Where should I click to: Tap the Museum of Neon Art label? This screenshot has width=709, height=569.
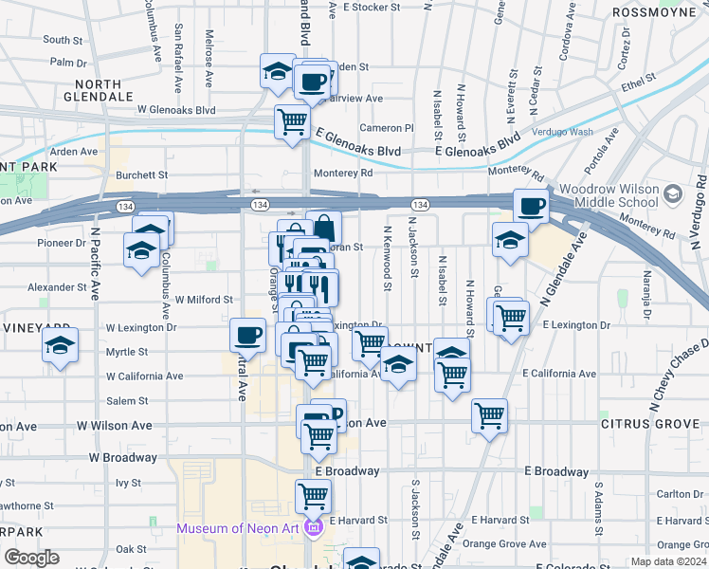click(x=242, y=527)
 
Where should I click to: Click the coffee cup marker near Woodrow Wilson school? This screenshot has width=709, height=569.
click(x=531, y=205)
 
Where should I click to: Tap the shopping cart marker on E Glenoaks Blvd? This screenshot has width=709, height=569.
click(x=292, y=121)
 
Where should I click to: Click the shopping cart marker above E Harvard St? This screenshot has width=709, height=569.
click(x=312, y=495)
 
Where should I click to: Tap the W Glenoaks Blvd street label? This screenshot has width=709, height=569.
click(x=176, y=110)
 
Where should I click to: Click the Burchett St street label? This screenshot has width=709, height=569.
click(x=141, y=175)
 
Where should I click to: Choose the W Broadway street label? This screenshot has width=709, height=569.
click(x=123, y=457)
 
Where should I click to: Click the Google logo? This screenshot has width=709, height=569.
click(x=31, y=558)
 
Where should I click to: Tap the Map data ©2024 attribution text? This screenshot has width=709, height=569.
click(x=667, y=561)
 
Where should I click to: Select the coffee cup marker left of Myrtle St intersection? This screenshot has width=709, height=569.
click(x=247, y=333)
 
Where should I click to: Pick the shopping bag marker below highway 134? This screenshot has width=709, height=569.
click(x=324, y=228)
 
